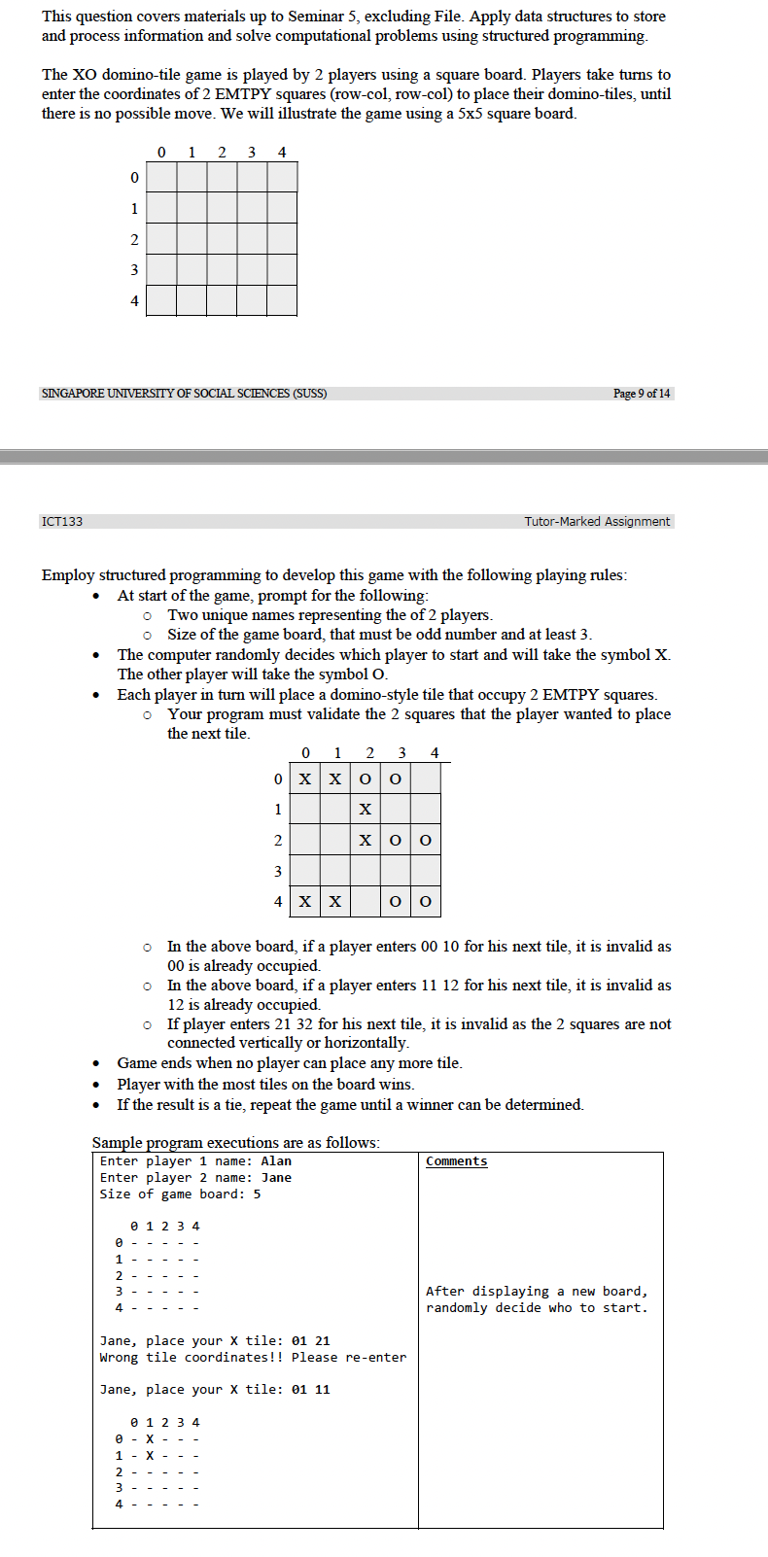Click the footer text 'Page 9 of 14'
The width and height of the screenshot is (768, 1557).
(x=642, y=394)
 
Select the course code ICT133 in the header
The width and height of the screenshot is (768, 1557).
(x=62, y=522)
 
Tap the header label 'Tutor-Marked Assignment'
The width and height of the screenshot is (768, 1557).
(x=597, y=522)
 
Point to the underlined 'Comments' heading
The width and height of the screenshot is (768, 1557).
(x=456, y=1161)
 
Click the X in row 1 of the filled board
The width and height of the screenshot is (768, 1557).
(x=366, y=810)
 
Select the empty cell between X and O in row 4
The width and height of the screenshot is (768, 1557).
(x=366, y=902)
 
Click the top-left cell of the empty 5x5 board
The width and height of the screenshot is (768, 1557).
(x=161, y=178)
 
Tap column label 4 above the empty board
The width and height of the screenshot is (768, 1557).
(x=282, y=153)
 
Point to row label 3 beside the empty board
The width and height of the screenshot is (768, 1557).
(x=134, y=270)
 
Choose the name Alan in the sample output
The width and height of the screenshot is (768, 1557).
(x=276, y=1161)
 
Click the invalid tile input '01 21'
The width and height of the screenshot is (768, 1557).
(x=310, y=1341)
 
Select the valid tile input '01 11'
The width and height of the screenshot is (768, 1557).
(x=310, y=1390)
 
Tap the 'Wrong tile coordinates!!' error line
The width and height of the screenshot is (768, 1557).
(x=253, y=1358)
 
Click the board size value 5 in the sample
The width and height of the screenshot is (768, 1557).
(x=257, y=1194)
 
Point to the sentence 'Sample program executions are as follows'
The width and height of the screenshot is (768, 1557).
(x=235, y=1143)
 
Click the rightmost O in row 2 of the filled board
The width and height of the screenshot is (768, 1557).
(x=425, y=841)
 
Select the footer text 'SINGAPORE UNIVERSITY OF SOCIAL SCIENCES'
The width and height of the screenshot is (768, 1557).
(x=185, y=394)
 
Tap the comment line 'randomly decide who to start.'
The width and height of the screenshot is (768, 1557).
(x=537, y=1308)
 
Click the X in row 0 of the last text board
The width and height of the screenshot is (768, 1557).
(x=150, y=1439)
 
